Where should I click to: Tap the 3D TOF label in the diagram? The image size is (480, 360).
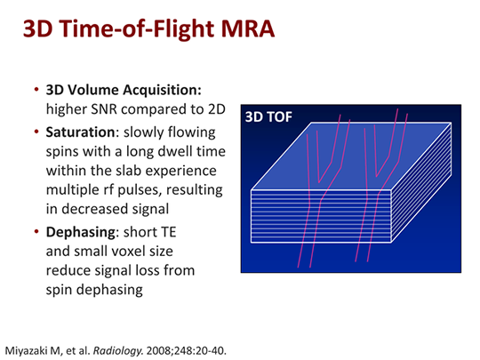pyautogui.click(x=271, y=116)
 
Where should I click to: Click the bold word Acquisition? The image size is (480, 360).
pyautogui.click(x=169, y=92)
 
